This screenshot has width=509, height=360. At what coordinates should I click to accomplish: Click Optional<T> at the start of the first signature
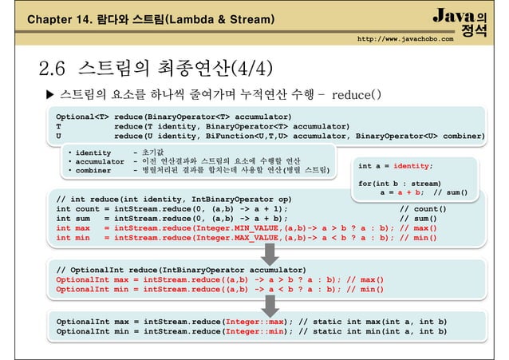(x=79, y=117)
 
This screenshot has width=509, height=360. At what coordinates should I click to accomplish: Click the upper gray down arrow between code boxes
(x=268, y=253)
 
